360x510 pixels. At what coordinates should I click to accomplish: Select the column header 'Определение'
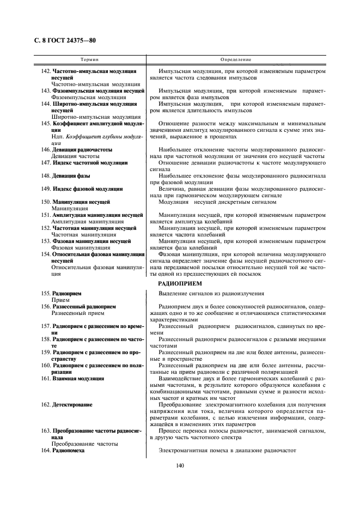(236, 59)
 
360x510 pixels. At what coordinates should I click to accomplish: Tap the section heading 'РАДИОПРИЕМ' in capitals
(180, 284)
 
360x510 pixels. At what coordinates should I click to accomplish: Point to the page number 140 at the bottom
(180, 465)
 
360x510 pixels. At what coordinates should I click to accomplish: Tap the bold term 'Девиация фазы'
(71, 176)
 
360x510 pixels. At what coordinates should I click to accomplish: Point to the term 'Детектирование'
(72, 405)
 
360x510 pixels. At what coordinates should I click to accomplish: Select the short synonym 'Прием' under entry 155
(60, 300)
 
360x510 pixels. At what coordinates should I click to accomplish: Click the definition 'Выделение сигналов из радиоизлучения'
(211, 293)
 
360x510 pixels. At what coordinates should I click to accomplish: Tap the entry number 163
(46, 431)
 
